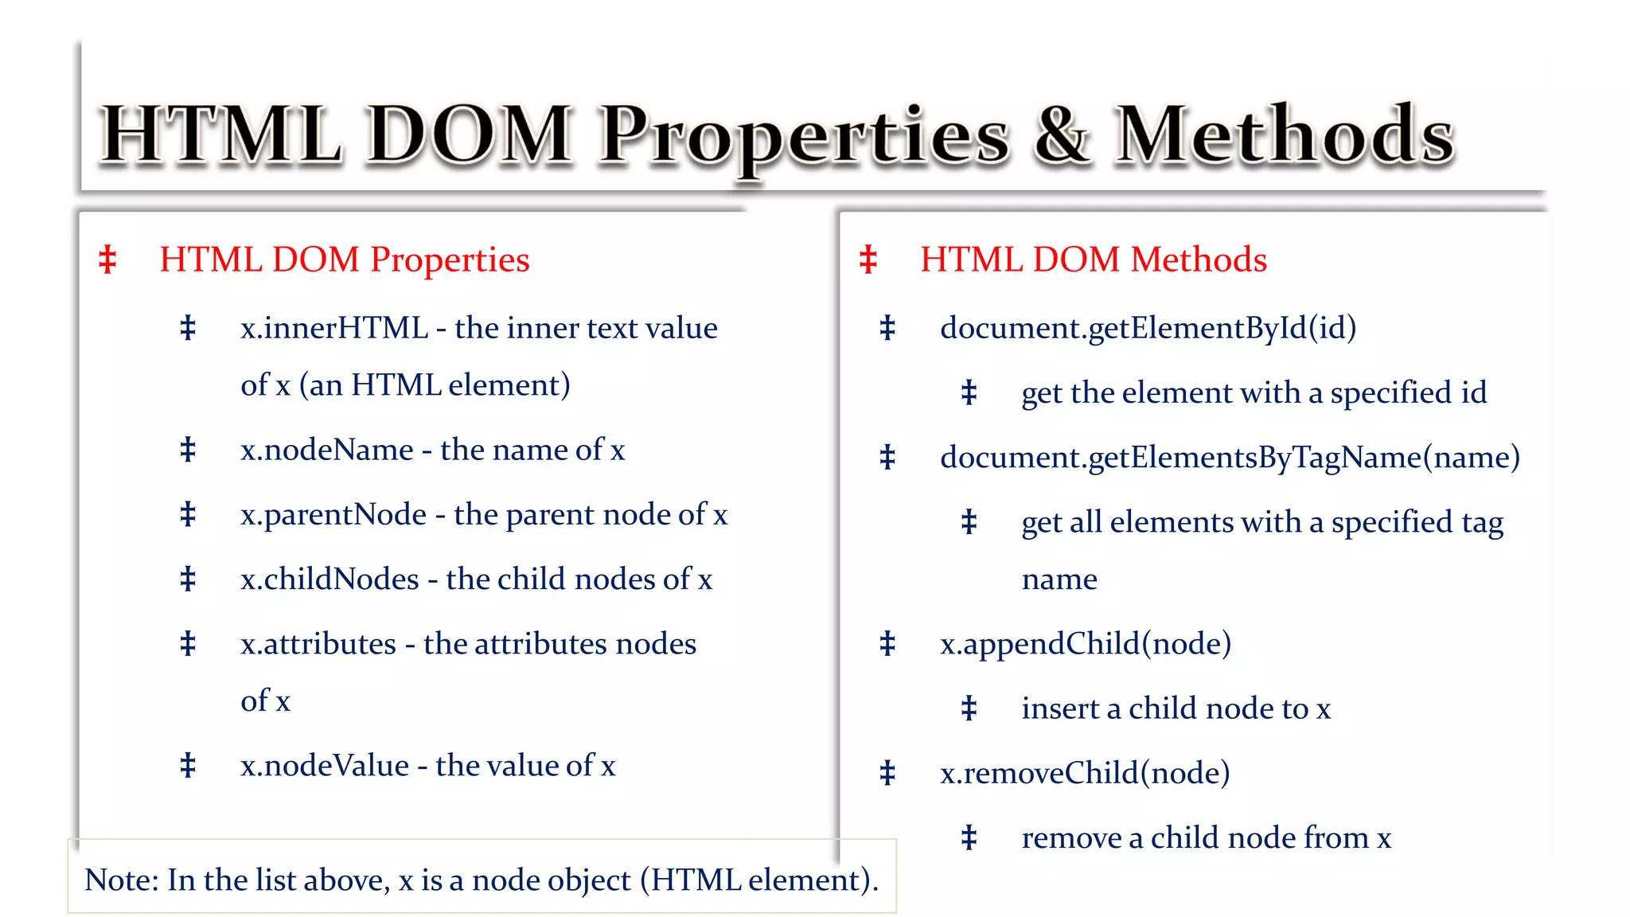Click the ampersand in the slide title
coord(1061,135)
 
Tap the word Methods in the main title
coord(1284,135)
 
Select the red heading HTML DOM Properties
coord(344,259)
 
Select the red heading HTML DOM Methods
coord(1094,259)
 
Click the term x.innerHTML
coord(334,328)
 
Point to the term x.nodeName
coord(327,450)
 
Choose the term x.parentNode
coord(333,515)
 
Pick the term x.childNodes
coord(330,579)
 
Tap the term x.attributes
coord(318,644)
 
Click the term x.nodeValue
coord(325,766)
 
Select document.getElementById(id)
coord(1148,328)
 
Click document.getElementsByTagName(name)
coord(1230,458)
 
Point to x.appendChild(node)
coord(1086,644)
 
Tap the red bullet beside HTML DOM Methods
coord(868,259)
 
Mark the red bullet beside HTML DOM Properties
coord(107,259)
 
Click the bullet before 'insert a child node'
coord(969,708)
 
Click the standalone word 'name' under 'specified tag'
coord(1059,579)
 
